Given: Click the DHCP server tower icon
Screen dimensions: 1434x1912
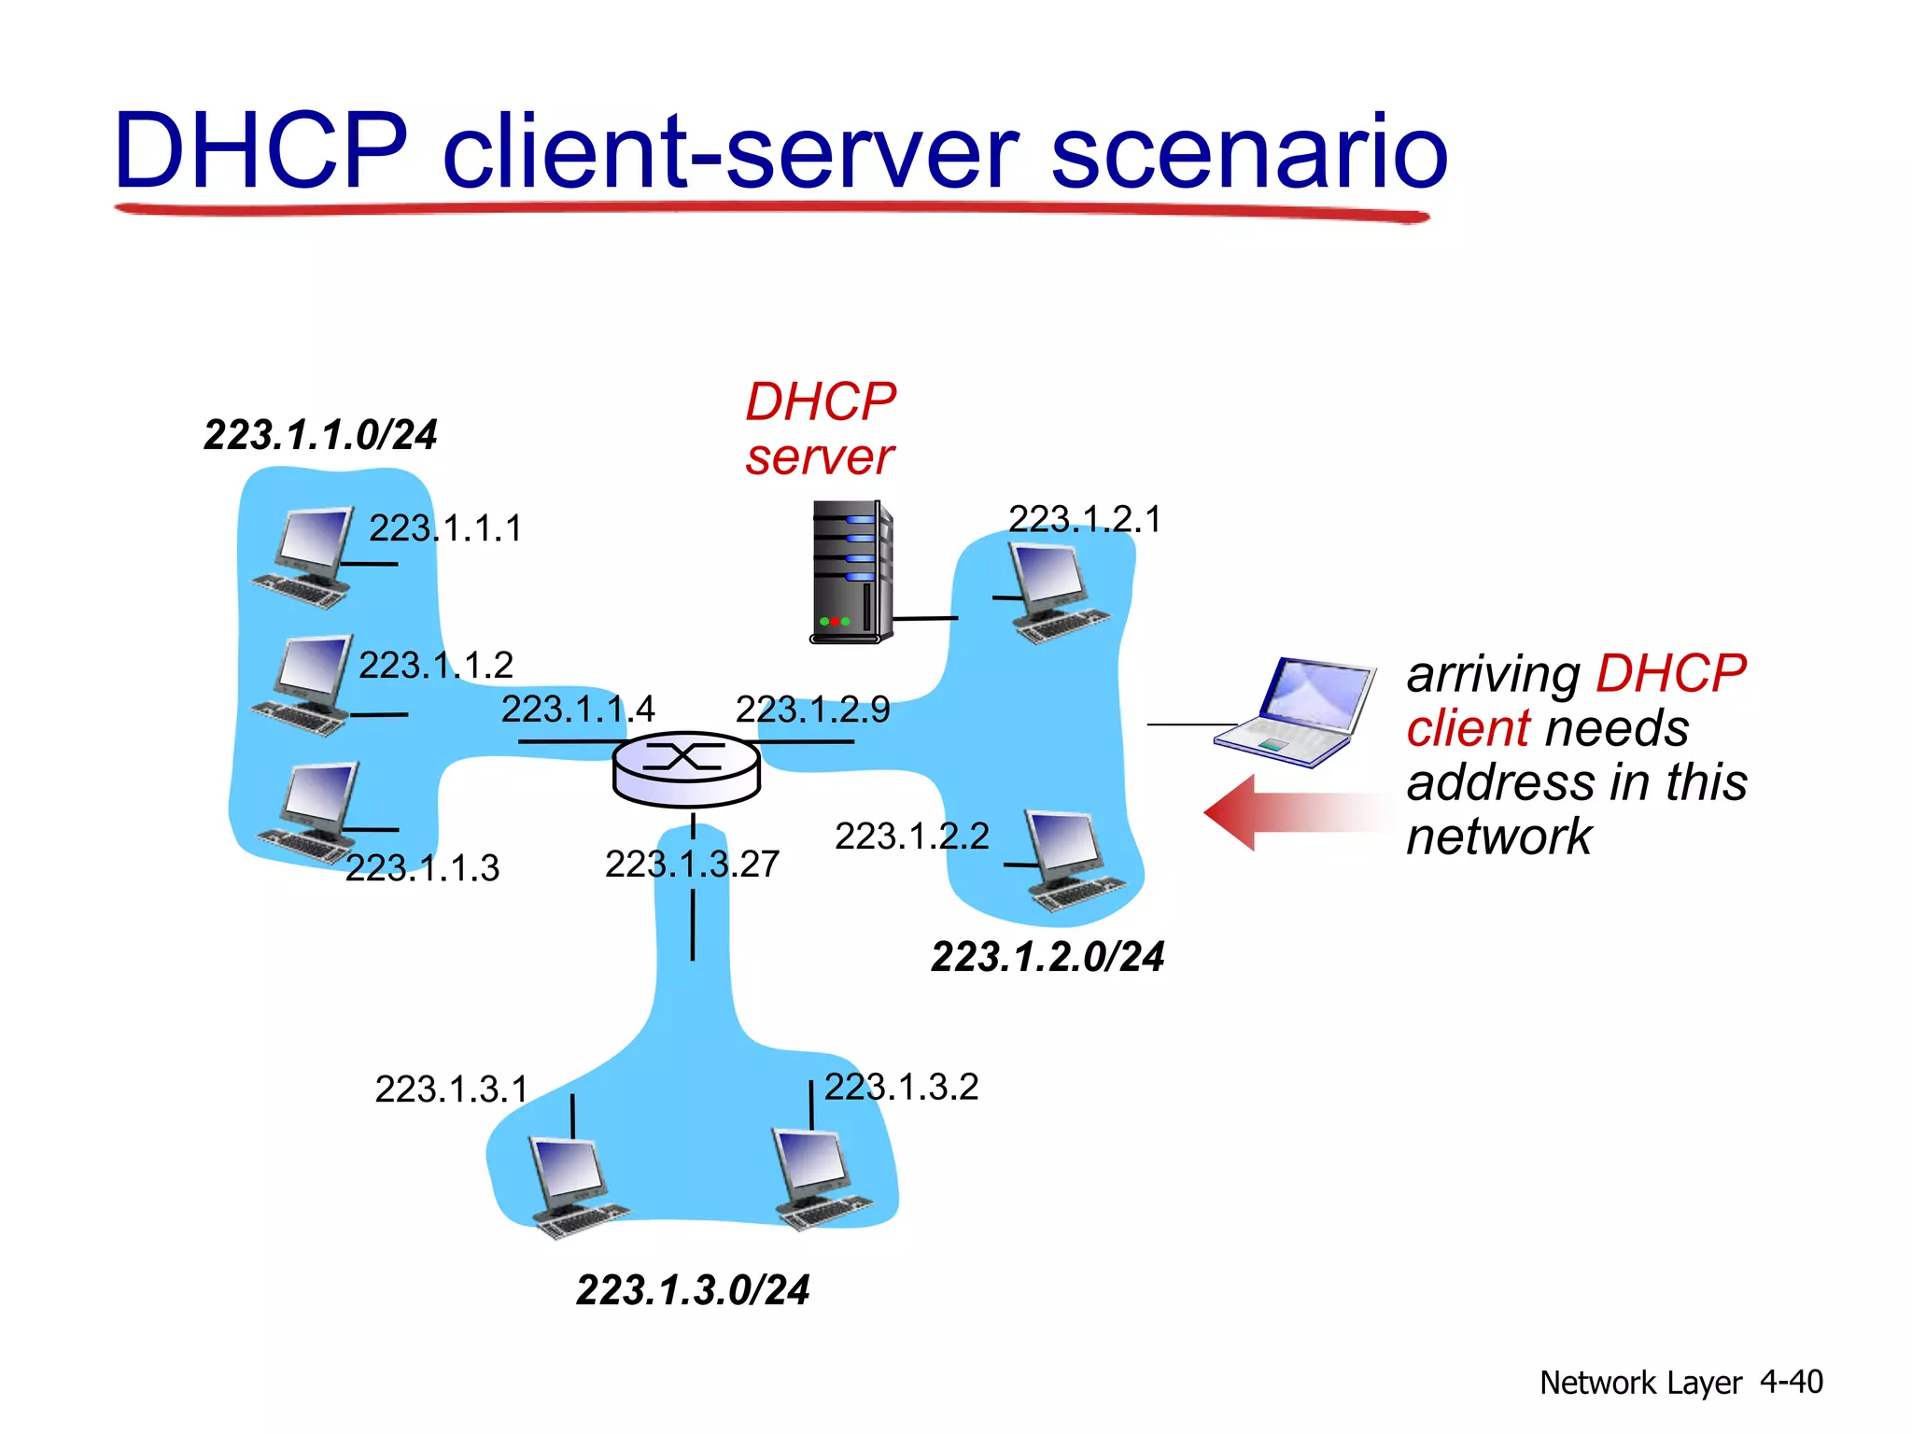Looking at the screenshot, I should coord(850,572).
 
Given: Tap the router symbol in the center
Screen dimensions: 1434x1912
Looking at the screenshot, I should coord(686,768).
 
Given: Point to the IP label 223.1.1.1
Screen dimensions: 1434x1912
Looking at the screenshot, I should coord(444,528).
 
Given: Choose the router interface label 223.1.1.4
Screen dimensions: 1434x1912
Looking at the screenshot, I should coord(578,710).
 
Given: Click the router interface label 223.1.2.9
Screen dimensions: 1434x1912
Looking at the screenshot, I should coord(812,710).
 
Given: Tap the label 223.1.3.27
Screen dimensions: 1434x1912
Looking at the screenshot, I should coord(692,864).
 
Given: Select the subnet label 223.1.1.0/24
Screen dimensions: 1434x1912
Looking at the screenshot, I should coord(320,435).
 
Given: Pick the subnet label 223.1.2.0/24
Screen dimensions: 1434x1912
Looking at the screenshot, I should coord(1047,957).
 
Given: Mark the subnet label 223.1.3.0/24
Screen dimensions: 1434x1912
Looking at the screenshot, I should coord(693,1290).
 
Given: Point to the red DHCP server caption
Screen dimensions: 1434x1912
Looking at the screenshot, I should coord(820,429).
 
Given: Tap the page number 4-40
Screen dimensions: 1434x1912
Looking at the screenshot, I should coord(1791,1382).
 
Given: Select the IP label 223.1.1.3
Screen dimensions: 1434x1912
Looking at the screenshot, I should coord(422,868).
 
